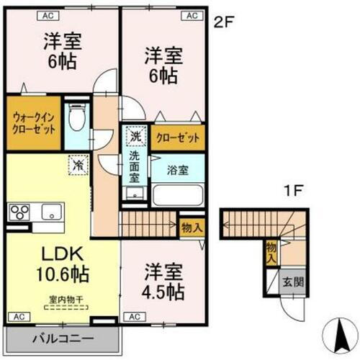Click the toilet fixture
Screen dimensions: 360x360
click(77, 116)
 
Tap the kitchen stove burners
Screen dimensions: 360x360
click(19, 213)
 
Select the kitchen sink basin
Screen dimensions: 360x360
click(51, 212)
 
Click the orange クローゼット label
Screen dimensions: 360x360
click(177, 138)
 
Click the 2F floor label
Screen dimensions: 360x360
click(224, 22)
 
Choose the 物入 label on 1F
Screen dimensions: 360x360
click(271, 251)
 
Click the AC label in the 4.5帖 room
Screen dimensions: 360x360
click(133, 316)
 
